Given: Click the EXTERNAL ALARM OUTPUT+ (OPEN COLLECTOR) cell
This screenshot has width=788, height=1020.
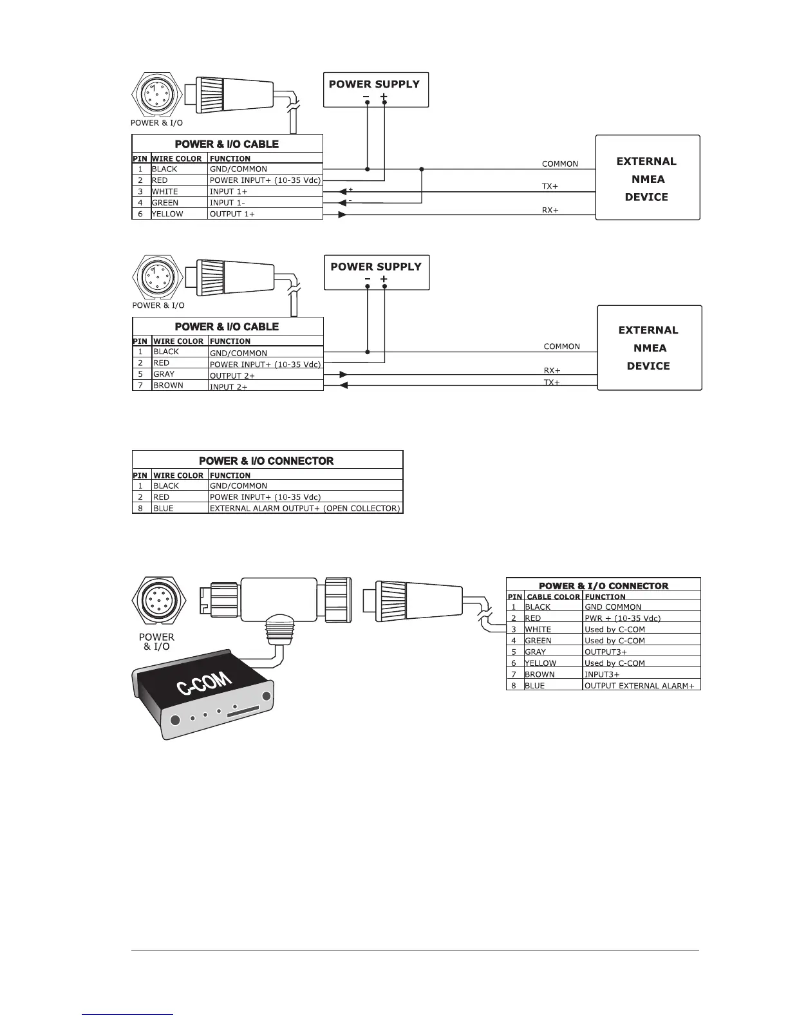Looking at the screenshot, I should pyautogui.click(x=305, y=508).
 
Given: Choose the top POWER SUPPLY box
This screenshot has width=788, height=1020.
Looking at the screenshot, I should pyautogui.click(x=375, y=89).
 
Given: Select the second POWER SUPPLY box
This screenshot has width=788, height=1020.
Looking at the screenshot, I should pyautogui.click(x=376, y=272).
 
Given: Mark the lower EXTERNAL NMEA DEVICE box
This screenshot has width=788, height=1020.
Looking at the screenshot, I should pyautogui.click(x=649, y=348).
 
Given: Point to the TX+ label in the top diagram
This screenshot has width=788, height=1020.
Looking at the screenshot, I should pyautogui.click(x=550, y=186).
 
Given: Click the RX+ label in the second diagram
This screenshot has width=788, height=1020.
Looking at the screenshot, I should pyautogui.click(x=552, y=370).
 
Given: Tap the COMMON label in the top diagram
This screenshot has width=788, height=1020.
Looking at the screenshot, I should pyautogui.click(x=559, y=164).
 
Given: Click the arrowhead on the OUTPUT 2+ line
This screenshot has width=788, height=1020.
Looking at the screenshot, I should pyautogui.click(x=344, y=374).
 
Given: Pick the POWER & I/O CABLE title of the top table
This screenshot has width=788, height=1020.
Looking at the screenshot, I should pyautogui.click(x=227, y=144).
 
